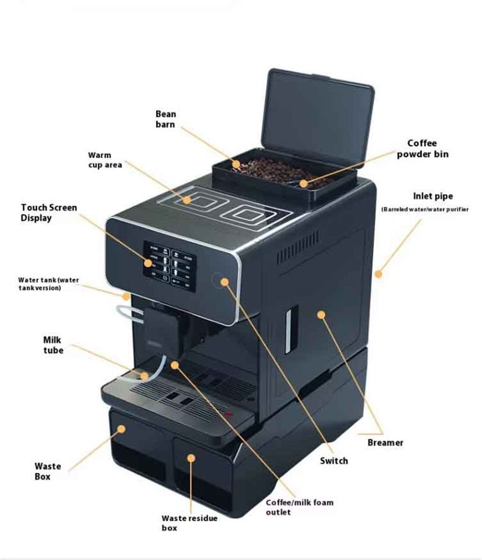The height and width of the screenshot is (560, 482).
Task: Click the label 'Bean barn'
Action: pos(165,119)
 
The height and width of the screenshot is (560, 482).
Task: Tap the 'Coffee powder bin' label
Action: pos(423,149)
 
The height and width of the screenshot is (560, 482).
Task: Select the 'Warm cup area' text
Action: pos(105,160)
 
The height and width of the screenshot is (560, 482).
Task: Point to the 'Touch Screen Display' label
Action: pos(49,213)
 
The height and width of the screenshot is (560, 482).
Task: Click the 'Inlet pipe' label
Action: pos(433,196)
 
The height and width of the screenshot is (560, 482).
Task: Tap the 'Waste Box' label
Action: pos(48,471)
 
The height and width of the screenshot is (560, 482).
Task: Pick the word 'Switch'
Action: pos(334,461)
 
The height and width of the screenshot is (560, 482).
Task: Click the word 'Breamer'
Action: pos(385,442)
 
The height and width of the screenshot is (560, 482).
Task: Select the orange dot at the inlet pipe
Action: pos(378,274)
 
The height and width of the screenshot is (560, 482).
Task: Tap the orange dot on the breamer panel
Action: pos(321,315)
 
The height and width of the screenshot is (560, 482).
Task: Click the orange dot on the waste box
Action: pos(121,428)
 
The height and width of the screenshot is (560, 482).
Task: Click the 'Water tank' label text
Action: pos(49,283)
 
